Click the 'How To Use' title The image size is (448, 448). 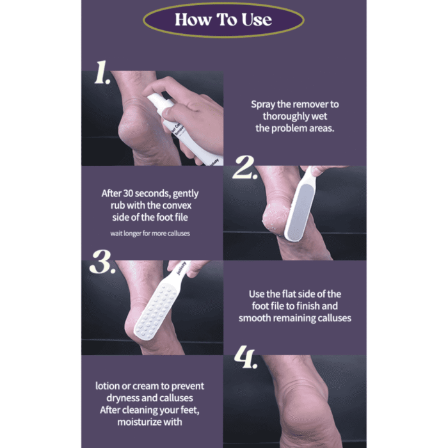pos(223,19)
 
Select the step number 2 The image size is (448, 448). pos(244,168)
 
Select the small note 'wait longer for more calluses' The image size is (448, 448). pos(150,234)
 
